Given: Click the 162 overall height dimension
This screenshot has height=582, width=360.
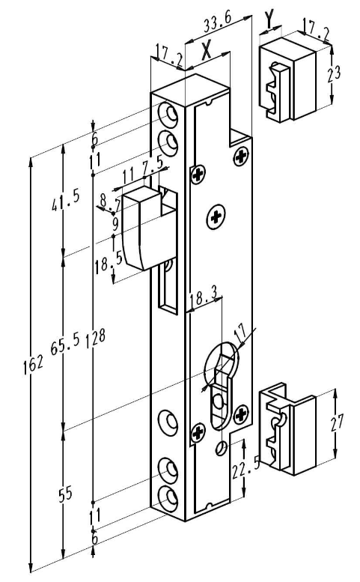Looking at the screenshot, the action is (34, 364).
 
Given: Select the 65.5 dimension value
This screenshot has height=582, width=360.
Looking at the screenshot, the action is (65, 345).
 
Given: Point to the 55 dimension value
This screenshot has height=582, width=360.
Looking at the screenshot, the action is (65, 494).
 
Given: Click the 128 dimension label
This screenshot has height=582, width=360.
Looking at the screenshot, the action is (96, 338).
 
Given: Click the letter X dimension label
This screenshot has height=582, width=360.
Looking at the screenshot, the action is (206, 50).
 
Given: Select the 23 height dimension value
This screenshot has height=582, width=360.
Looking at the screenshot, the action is (334, 73).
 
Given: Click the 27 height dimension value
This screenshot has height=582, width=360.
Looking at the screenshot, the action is (337, 422).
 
